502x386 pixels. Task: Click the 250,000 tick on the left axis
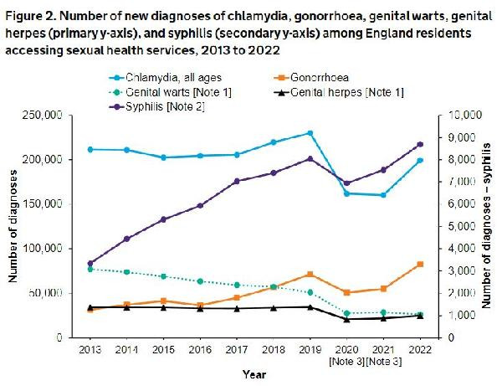[x=53, y=115]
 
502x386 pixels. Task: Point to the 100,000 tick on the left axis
[x=53, y=249]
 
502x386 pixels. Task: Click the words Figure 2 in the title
[x=32, y=13]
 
